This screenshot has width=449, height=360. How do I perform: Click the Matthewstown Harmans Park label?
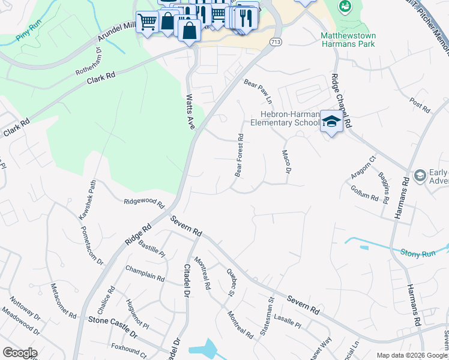pos(348,40)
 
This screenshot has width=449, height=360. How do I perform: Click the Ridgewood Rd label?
pos(144,203)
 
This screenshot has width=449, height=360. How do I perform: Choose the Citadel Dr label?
pos(187,278)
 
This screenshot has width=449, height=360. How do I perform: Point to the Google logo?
pos(20,353)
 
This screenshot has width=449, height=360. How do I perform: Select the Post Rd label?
pos(420,106)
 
